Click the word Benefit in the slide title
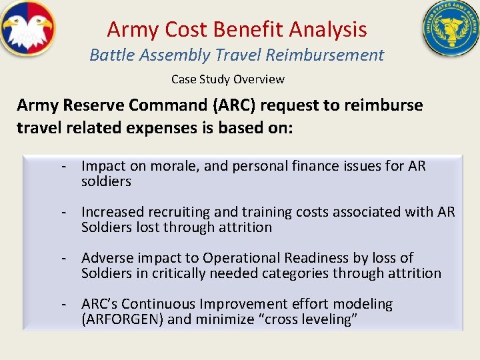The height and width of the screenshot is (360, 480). (x=248, y=29)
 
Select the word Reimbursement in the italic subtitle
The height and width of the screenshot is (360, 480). (x=333, y=55)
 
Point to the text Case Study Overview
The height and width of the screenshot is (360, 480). (x=228, y=79)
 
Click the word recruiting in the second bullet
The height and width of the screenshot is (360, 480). (x=176, y=212)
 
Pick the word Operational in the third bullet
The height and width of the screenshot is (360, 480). (x=242, y=258)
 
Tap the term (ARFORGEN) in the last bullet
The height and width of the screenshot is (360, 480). (x=122, y=319)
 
